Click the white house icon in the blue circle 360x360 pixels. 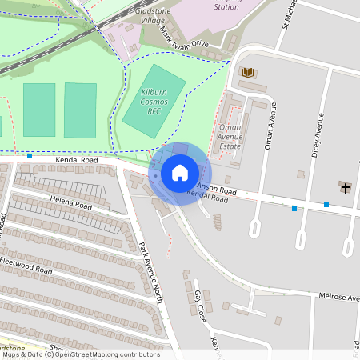(x=180, y=172)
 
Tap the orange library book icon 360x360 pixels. (x=248, y=73)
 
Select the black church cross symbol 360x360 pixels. (x=346, y=188)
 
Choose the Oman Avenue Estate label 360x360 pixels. (x=230, y=136)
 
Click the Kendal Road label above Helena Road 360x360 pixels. (x=77, y=161)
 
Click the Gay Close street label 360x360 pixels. (x=200, y=306)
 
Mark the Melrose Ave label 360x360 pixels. (x=337, y=297)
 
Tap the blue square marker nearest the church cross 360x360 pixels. (x=326, y=205)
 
